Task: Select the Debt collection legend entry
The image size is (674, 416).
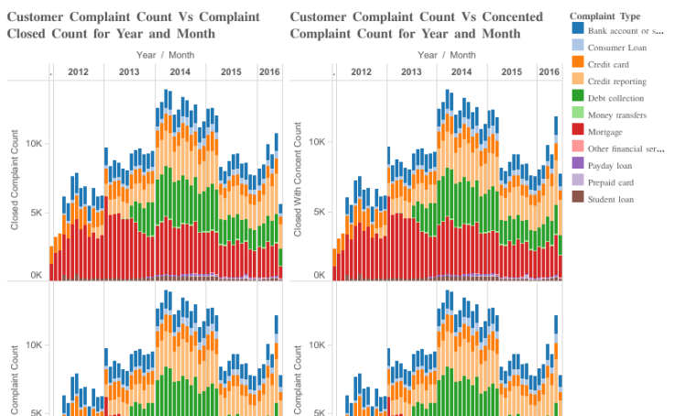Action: pyautogui.click(x=614, y=98)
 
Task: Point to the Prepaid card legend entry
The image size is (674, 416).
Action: pyautogui.click(x=610, y=182)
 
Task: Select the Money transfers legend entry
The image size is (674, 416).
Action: pyautogui.click(x=616, y=115)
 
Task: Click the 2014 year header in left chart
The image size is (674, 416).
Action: pyautogui.click(x=180, y=71)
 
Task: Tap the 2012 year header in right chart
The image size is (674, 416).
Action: pyautogui.click(x=361, y=71)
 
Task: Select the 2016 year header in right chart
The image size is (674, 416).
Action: pyautogui.click(x=548, y=71)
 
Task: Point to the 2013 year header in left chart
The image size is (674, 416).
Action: pyautogui.click(x=129, y=71)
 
